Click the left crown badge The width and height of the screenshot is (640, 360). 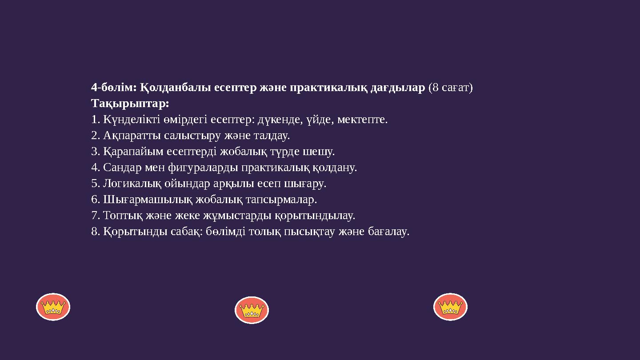click(53, 307)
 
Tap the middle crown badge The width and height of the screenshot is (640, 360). click(252, 310)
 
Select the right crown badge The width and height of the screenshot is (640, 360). click(450, 307)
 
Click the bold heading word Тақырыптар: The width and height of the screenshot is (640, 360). click(130, 104)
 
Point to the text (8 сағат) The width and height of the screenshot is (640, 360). click(450, 88)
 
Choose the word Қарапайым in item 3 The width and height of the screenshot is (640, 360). click(133, 152)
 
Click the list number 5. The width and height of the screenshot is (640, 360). click(94, 184)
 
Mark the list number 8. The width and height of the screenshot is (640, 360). click(94, 232)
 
